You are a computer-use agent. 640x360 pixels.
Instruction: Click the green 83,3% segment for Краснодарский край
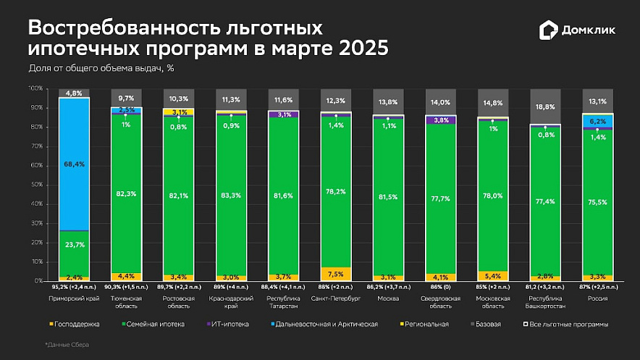[232, 194]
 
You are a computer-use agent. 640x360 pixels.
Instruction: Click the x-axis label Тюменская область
[126, 301]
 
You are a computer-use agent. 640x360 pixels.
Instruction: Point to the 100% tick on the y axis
[35, 88]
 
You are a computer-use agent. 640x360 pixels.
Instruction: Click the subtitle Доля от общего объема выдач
[101, 69]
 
